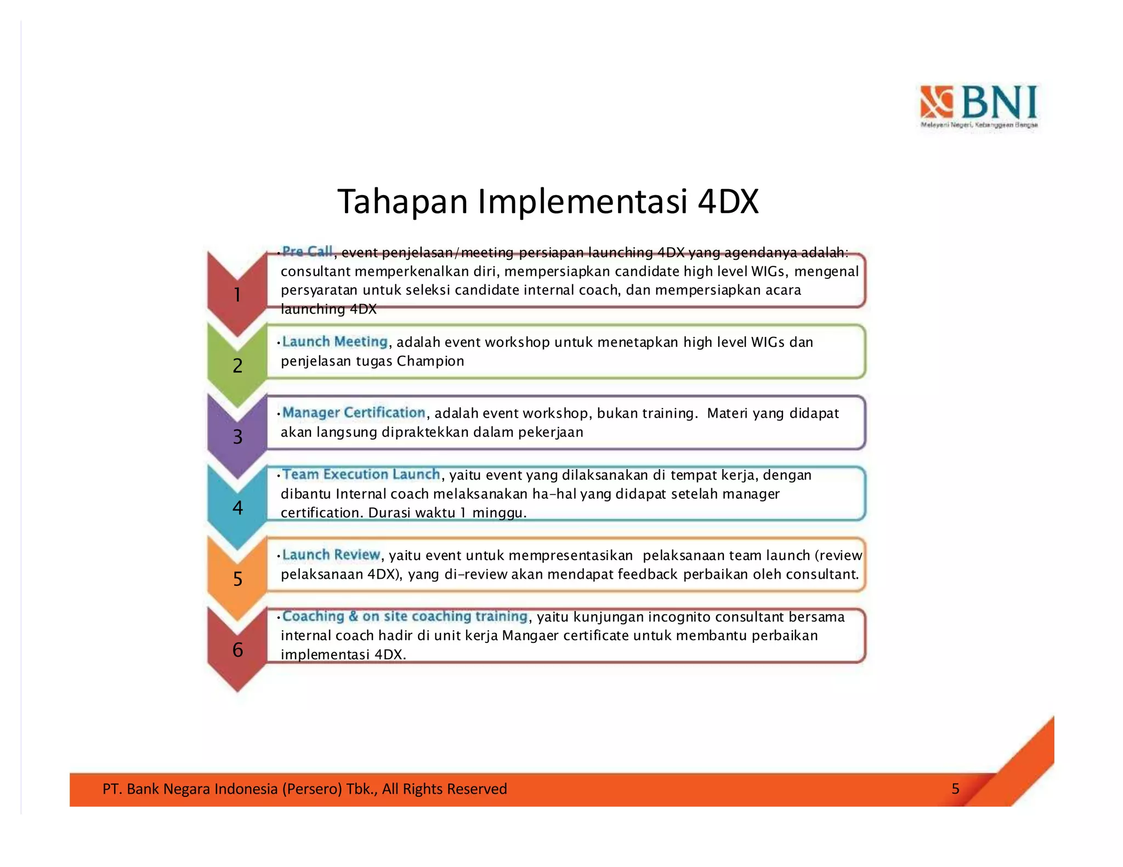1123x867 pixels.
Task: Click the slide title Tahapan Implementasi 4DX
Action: [x=547, y=201]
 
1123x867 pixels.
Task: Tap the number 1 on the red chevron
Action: [x=237, y=295]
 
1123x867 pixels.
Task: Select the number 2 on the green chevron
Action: [x=237, y=366]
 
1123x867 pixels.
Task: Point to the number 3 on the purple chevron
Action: [x=237, y=437]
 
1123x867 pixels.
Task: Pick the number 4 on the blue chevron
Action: [x=237, y=507]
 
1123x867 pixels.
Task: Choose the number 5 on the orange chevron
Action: [x=237, y=579]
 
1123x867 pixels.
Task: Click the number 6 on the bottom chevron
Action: [x=237, y=649]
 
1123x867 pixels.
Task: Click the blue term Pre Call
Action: [x=307, y=252]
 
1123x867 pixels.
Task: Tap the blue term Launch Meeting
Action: [x=334, y=341]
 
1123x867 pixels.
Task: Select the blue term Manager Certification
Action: [x=354, y=412]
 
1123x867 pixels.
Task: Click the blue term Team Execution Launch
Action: [x=361, y=474]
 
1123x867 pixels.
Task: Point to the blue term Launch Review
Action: [x=331, y=555]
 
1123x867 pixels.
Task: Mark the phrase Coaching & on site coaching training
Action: [x=405, y=616]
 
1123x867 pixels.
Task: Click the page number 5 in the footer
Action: [x=955, y=789]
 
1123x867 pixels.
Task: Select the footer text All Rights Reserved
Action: [x=444, y=789]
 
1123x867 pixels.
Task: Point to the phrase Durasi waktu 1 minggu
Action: [x=447, y=513]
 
